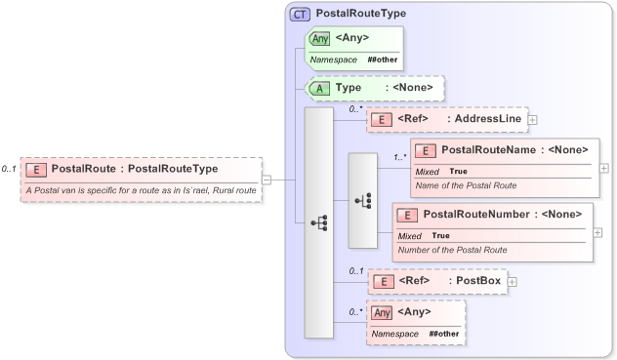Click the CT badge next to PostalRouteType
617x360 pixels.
(300, 14)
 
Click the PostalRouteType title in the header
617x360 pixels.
(361, 14)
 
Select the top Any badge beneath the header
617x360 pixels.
(319, 39)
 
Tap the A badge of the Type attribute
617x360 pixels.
(319, 88)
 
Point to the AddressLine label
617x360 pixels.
(484, 119)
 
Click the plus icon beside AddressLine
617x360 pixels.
(533, 119)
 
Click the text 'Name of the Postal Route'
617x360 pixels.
(466, 184)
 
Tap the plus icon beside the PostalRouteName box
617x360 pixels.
(603, 168)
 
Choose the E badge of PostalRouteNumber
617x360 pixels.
(406, 214)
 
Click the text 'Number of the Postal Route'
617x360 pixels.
(452, 249)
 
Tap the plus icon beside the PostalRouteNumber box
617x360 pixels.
(597, 232)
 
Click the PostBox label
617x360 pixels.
(479, 281)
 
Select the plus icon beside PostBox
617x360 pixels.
(512, 281)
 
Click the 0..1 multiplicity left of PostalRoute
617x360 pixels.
(9, 169)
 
